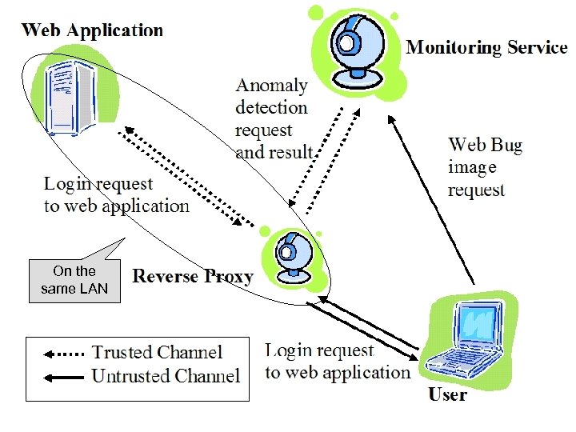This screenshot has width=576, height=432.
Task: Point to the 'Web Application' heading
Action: coord(92,31)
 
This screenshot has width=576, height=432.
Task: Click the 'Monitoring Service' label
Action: coord(486,46)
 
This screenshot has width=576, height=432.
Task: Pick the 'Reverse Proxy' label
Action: coord(193,277)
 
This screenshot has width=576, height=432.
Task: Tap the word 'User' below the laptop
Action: coord(448,394)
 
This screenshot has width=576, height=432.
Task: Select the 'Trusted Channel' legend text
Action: coord(157,353)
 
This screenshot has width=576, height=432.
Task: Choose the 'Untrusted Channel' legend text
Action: coord(166,375)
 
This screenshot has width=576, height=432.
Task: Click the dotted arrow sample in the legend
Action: coord(63,353)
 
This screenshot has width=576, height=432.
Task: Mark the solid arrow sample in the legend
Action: coord(63,375)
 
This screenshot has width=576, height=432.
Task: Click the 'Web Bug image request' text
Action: coord(485,167)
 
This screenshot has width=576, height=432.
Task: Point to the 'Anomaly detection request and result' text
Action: coord(273,118)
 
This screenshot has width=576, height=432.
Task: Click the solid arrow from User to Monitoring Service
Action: coord(432,200)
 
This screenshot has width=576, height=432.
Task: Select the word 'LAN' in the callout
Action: coord(93,289)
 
